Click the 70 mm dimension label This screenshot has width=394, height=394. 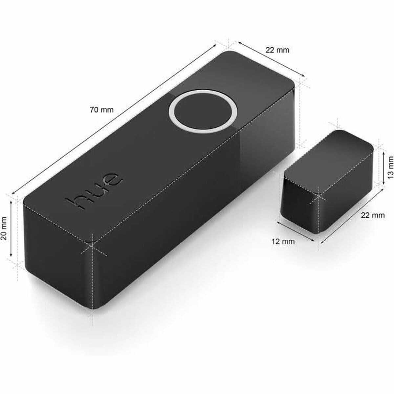(x=101, y=110)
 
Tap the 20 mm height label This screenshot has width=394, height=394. (x=4, y=229)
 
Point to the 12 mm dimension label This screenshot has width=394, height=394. (x=283, y=242)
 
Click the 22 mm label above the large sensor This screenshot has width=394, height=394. (x=277, y=50)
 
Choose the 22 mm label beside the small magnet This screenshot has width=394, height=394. (x=372, y=215)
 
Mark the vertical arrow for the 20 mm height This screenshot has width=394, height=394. (x=11, y=229)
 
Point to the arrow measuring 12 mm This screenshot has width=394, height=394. (x=295, y=231)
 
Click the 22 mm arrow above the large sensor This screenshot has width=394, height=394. (x=271, y=60)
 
